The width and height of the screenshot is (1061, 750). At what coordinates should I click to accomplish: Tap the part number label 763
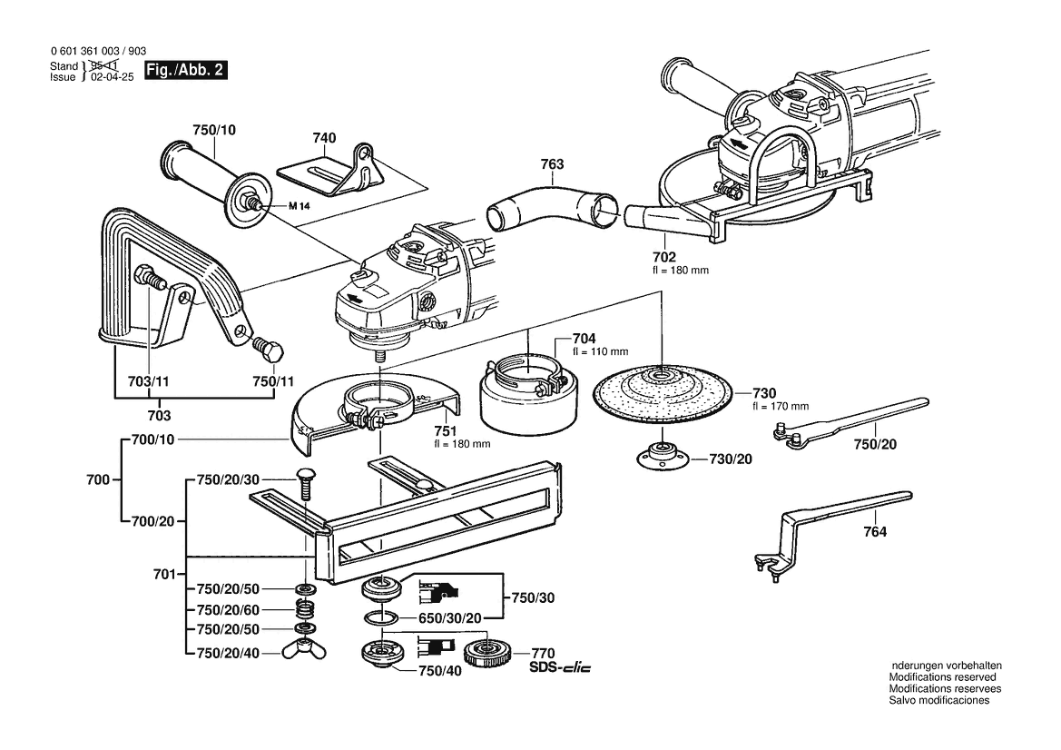point(552,165)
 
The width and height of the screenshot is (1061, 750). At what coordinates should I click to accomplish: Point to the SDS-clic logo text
point(559,669)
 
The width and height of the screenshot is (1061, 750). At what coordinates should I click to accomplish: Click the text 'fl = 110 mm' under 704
point(600,351)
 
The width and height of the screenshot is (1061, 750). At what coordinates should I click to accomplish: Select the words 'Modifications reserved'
point(942,677)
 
